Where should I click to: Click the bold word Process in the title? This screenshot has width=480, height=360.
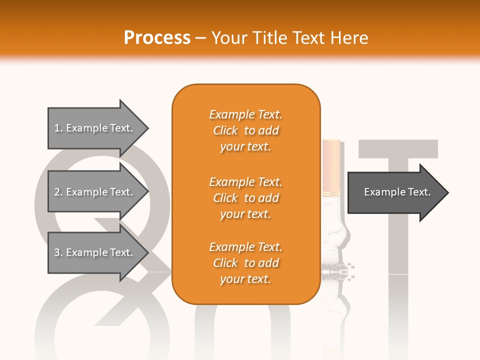pos(156,38)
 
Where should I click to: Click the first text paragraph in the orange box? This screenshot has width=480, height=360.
pos(245,130)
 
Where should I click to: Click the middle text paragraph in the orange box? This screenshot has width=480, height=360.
pos(245,198)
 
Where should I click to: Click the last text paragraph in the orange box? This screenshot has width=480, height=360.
pos(245,263)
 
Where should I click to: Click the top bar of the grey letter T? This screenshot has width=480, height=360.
pos(398,148)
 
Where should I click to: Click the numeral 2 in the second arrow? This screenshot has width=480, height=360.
pos(57,192)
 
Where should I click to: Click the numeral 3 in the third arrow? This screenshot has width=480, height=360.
pos(57,252)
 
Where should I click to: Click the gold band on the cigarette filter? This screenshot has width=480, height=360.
pos(331,193)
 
